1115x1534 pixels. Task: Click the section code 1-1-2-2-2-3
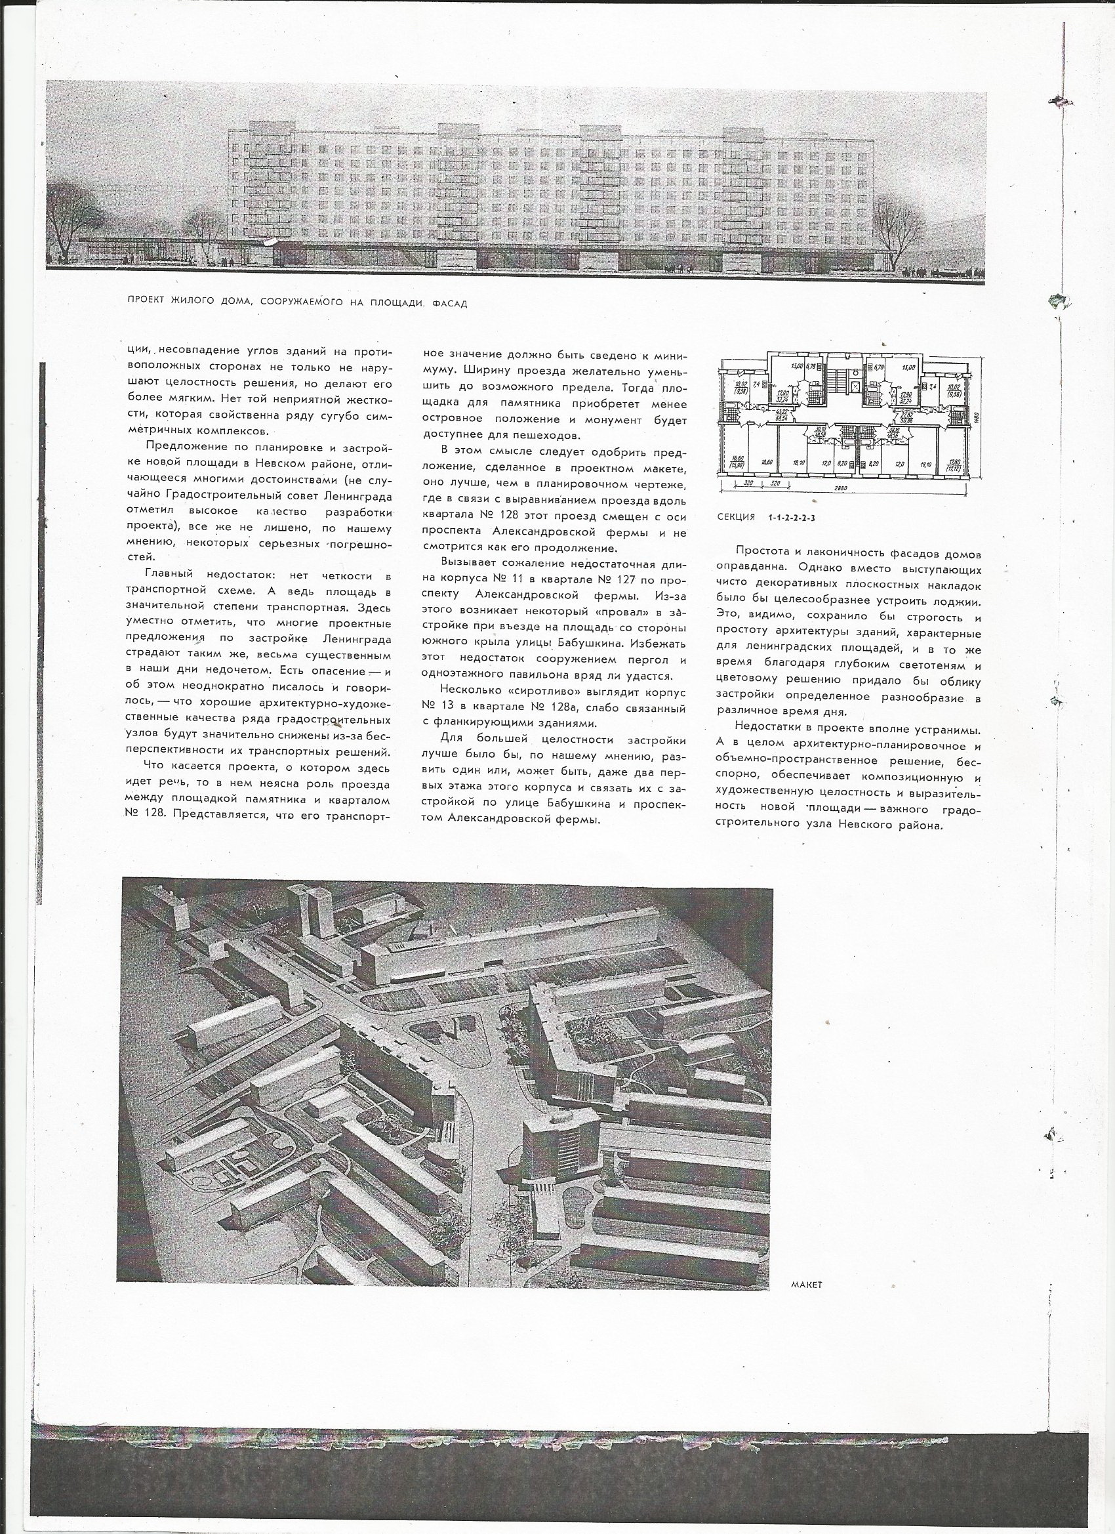pos(796,518)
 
